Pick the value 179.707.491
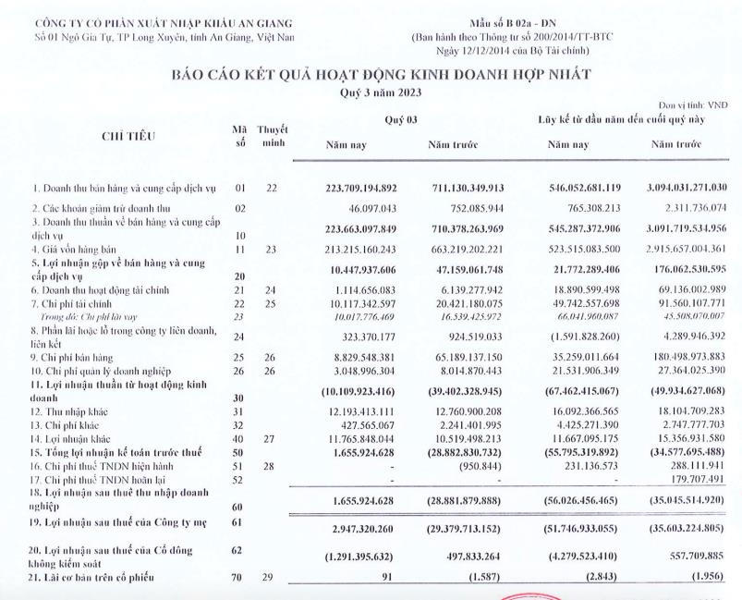(684, 480)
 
